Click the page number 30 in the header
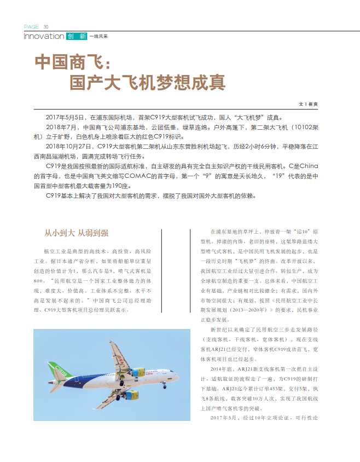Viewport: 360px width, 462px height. click(x=46, y=27)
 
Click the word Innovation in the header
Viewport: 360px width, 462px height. click(x=44, y=36)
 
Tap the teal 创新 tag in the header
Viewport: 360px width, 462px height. click(x=76, y=37)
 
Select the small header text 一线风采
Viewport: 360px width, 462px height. click(x=98, y=37)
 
